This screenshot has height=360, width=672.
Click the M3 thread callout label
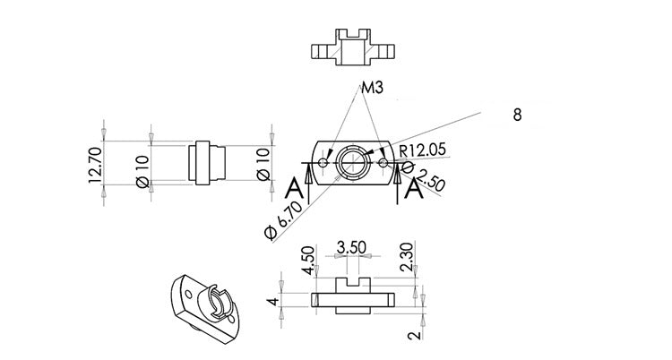pyautogui.click(x=372, y=88)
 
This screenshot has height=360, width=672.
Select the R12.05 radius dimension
pyautogui.click(x=423, y=150)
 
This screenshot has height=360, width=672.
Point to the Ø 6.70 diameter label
pyautogui.click(x=284, y=220)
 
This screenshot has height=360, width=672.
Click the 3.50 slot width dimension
pyautogui.click(x=351, y=247)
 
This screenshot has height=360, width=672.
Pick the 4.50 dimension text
pyautogui.click(x=307, y=260)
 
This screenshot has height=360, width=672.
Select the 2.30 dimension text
pyautogui.click(x=406, y=257)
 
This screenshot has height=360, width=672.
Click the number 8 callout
pyautogui.click(x=517, y=115)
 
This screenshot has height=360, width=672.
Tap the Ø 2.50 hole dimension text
pyautogui.click(x=425, y=176)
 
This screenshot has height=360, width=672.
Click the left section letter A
pyautogui.click(x=295, y=189)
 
